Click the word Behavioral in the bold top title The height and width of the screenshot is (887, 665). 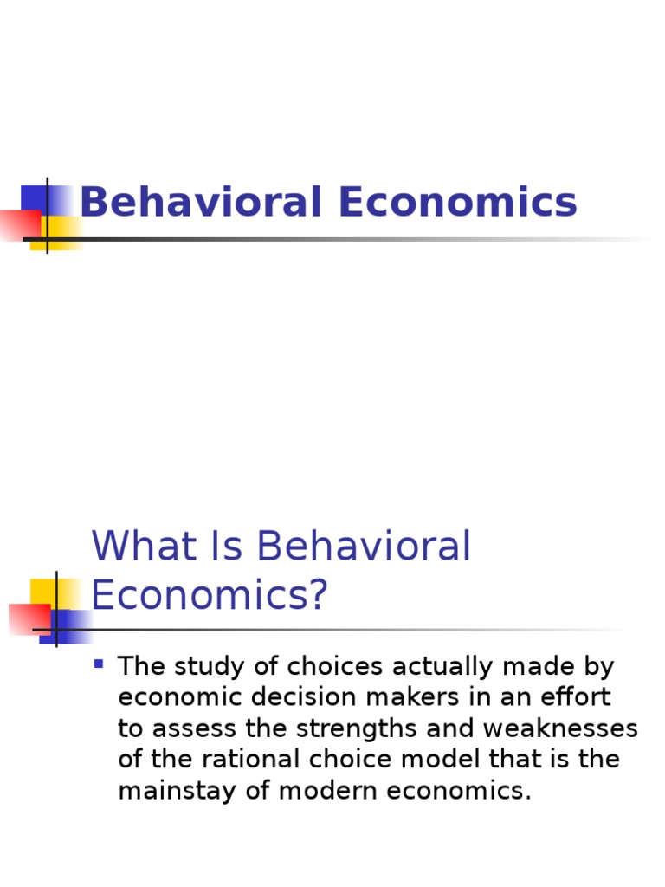(202, 203)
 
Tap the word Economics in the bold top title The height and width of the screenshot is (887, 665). (458, 203)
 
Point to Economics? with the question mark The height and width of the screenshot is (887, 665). (210, 596)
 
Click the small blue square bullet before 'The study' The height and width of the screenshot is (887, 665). (99, 664)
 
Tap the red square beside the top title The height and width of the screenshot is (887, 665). (17, 225)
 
